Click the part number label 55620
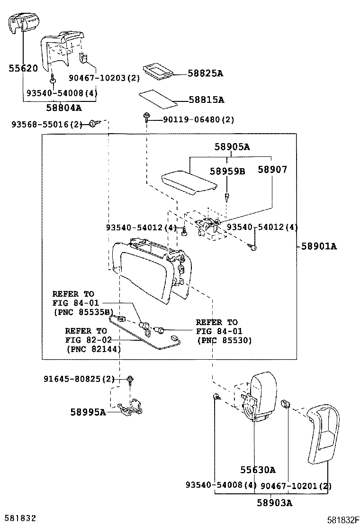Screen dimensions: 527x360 coord(23,68)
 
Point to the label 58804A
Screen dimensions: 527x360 coord(63,108)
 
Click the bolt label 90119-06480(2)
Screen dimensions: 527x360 coord(198,120)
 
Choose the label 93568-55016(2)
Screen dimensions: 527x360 coord(45,124)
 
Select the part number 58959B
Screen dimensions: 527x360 coord(227,171)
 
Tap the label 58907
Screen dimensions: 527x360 coord(272,169)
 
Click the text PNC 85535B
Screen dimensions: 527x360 coord(83,312)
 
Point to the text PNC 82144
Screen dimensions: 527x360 coord(93,349)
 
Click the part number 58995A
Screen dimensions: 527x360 coord(88,412)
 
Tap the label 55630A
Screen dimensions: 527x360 coord(257,470)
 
